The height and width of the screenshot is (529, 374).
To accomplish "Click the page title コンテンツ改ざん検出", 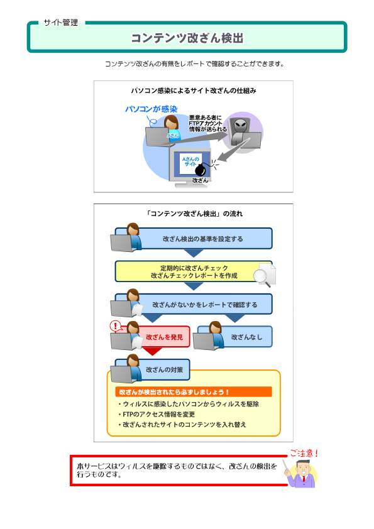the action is pos(187,38).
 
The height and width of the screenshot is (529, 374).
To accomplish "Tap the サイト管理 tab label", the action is pos(61,23).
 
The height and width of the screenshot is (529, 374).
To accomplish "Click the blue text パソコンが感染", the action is pos(151,109).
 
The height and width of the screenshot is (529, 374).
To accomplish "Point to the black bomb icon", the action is pos(200,170).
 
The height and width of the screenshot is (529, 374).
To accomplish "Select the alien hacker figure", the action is pos(240,131).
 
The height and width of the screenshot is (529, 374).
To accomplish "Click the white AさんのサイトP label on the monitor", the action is pos(190,161).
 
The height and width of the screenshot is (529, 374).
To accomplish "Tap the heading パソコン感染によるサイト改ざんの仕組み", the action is pos(194,90).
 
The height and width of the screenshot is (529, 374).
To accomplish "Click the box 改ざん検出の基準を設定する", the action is pos(194,239).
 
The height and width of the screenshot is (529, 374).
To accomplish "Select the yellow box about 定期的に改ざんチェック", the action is pos(194,271).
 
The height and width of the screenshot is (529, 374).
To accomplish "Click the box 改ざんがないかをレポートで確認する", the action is pos(194,304).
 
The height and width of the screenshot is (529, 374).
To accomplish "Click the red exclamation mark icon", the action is pos(116,326).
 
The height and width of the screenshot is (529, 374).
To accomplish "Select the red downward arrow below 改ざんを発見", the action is pos(152,351).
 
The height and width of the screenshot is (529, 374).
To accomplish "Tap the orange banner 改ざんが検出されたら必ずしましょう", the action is pos(194,391).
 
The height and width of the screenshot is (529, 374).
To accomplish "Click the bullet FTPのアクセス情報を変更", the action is pos(157,414).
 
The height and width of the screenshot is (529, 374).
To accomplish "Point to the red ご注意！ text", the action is pos(304,453).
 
